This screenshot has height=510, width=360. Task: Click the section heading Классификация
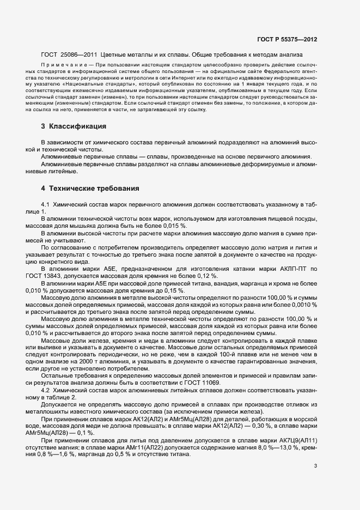coord(77,127)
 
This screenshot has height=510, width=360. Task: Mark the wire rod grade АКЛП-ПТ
coord(291,269)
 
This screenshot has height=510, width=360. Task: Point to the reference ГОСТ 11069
coord(205,384)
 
